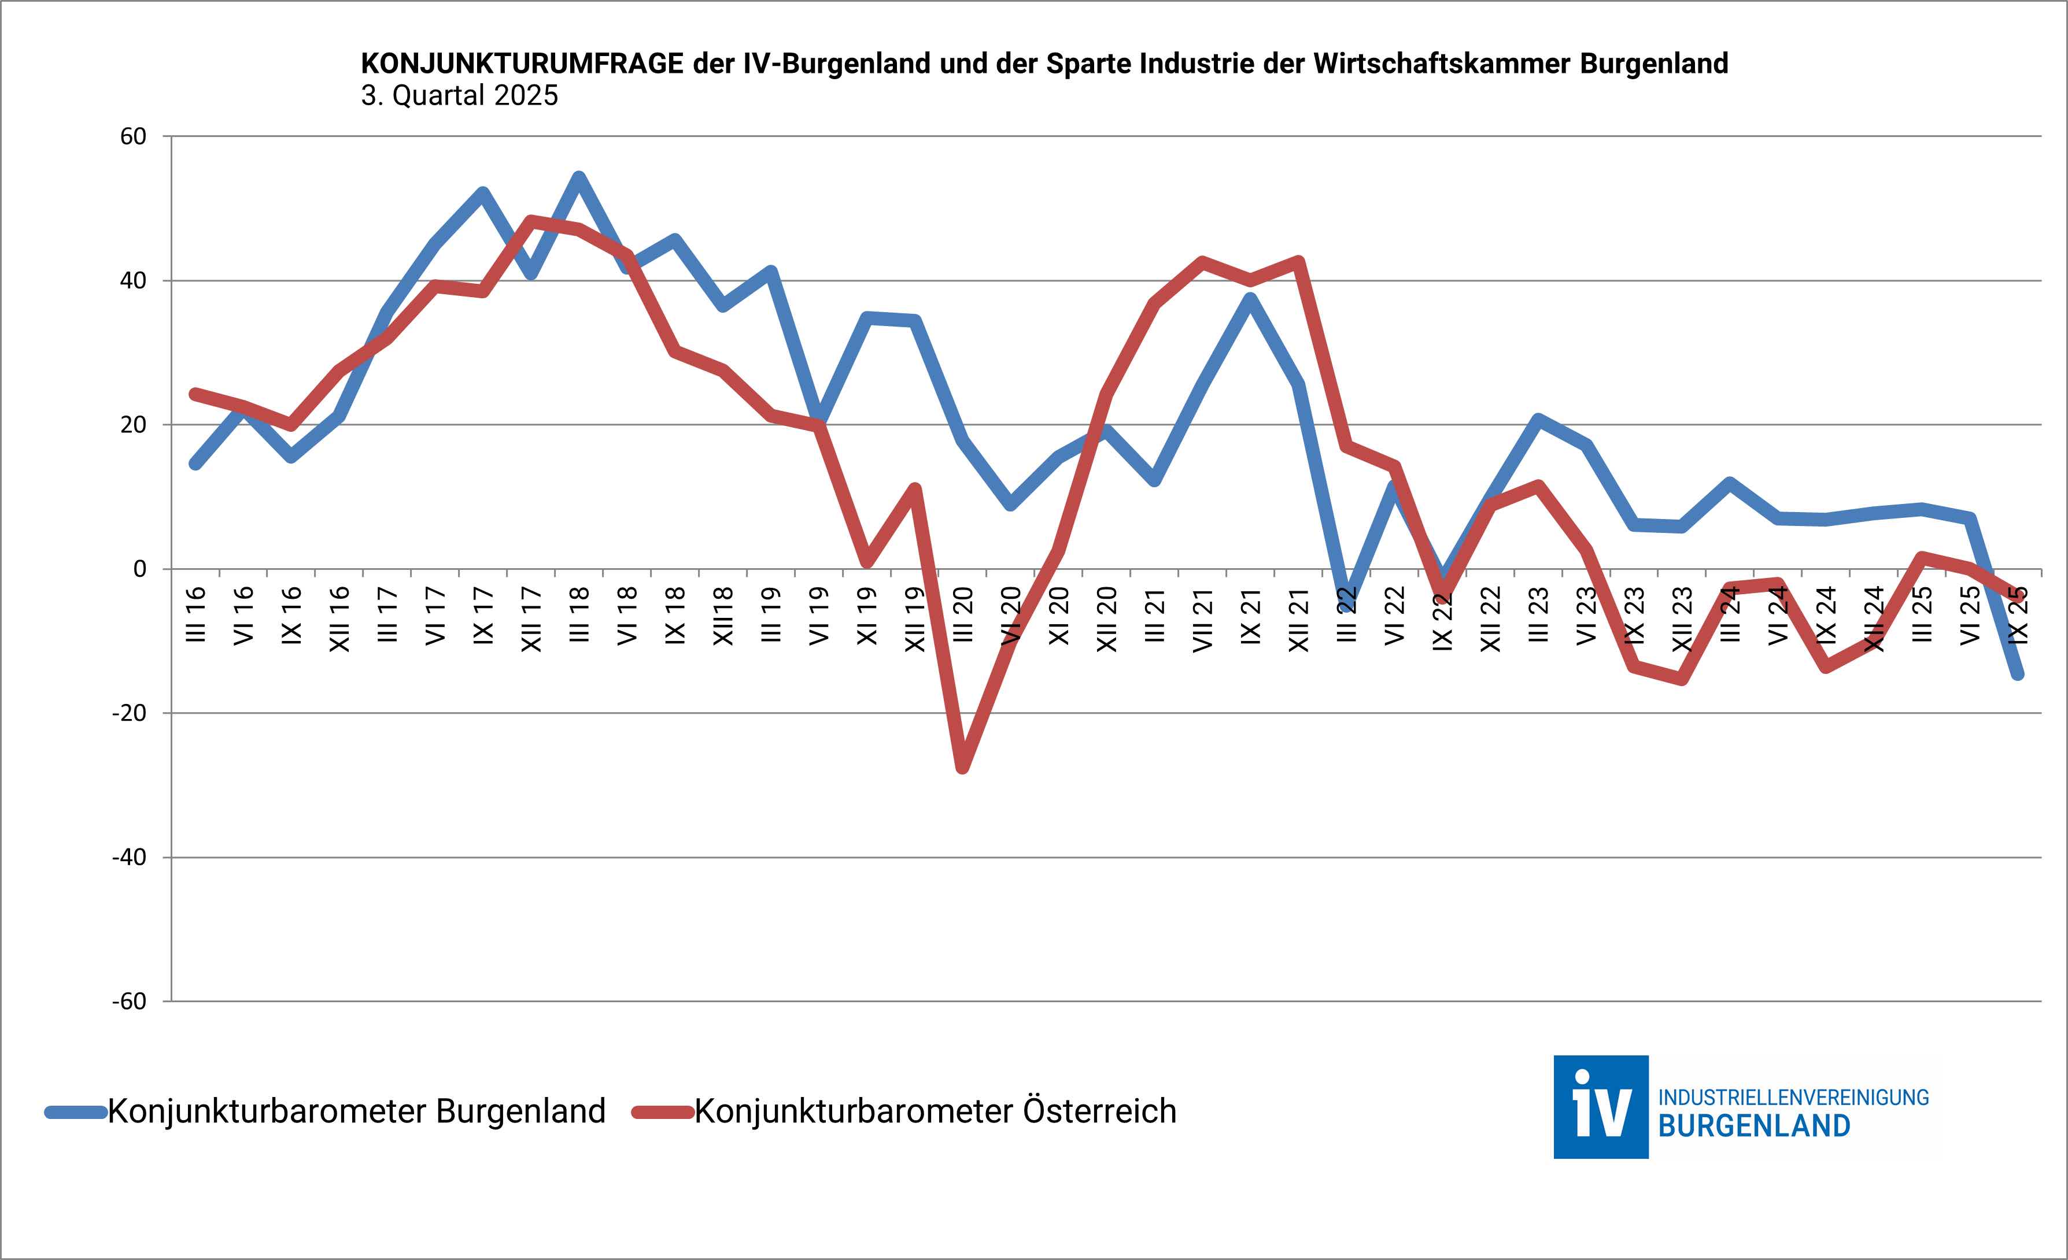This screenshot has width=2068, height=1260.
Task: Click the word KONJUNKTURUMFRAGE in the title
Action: (522, 64)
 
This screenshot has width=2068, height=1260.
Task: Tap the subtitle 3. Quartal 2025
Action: (459, 95)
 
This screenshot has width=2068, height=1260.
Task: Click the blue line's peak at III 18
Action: (578, 177)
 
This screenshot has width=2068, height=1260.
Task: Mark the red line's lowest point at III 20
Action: (963, 767)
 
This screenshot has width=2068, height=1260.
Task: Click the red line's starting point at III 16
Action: (195, 394)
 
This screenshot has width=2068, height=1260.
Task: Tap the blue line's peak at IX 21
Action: (1250, 299)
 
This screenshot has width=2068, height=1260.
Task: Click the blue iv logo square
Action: (1601, 1107)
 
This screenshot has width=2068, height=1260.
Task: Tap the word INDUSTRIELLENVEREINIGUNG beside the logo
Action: (1793, 1097)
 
